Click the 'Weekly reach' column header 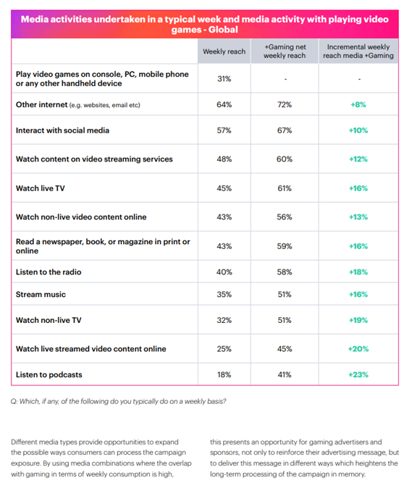point(224,51)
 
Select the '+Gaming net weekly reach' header point(285,51)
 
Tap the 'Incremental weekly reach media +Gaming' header point(358,51)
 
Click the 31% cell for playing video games point(224,79)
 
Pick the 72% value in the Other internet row point(285,104)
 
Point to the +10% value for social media point(358,130)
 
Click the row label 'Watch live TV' point(41,188)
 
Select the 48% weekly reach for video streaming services point(224,159)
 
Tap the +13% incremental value point(358,217)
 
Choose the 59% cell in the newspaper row point(285,246)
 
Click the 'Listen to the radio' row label point(49,272)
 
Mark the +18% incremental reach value point(358,272)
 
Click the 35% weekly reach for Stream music point(224,295)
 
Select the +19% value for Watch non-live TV point(358,320)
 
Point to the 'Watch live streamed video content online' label point(91,349)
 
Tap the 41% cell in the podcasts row point(285,375)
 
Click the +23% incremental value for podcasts point(358,375)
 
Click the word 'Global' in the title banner point(223,30)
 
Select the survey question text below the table point(118,402)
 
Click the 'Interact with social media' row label point(62,130)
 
